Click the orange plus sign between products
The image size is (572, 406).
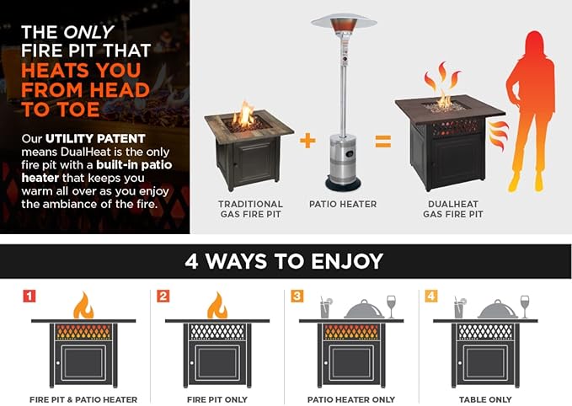point(307,141)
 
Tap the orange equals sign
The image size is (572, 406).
point(382,141)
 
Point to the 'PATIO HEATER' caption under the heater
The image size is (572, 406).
point(342,204)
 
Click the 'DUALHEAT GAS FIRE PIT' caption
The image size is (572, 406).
point(454,209)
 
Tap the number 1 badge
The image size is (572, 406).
point(29,296)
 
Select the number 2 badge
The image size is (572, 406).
point(163,296)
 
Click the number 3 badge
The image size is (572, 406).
point(297,296)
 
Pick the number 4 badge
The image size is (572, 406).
point(431,296)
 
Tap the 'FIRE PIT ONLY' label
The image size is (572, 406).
point(217,399)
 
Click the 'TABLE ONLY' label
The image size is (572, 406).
point(485,399)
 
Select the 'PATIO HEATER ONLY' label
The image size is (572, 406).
point(351,399)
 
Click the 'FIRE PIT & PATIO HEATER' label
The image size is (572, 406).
point(83,399)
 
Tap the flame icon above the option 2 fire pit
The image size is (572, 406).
point(217,305)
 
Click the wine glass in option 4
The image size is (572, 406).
point(525,306)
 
